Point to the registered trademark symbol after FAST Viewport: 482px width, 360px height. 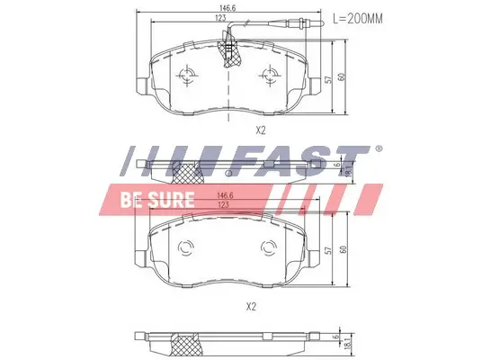[378, 148]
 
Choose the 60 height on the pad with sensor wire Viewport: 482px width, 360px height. [342, 76]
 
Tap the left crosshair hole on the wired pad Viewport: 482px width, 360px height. [188, 76]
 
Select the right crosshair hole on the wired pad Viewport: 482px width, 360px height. [267, 76]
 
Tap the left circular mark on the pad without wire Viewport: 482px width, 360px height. [188, 251]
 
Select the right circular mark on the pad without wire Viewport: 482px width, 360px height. [267, 251]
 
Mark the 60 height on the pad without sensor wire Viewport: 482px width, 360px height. [342, 249]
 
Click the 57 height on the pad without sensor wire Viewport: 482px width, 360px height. [330, 252]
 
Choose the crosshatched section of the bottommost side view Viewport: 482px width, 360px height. [189, 342]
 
